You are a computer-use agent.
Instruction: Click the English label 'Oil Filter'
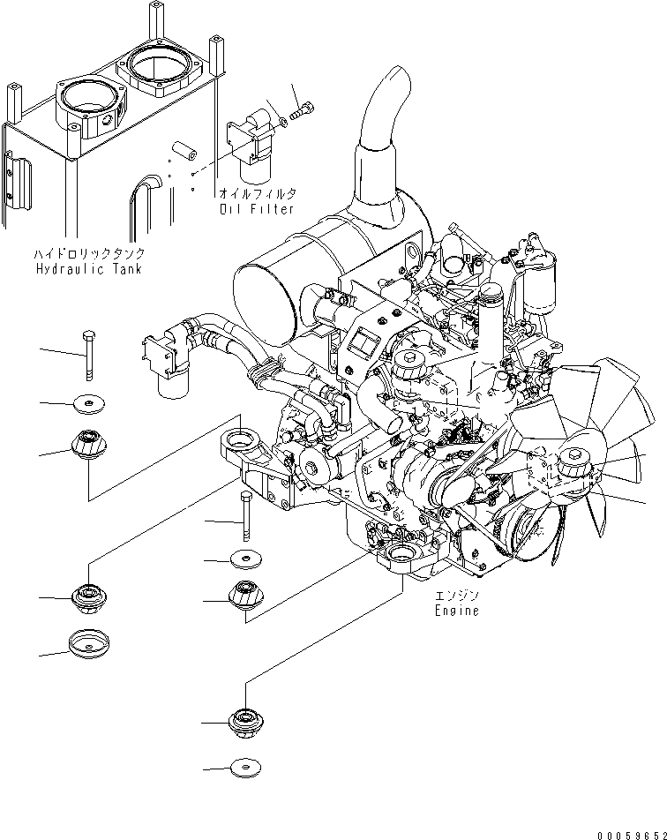coord(257,209)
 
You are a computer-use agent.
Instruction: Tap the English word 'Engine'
coord(456,610)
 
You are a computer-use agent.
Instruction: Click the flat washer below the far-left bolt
coord(88,403)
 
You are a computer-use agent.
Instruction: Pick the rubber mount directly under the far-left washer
coord(88,444)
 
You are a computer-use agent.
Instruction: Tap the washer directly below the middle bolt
coord(244,559)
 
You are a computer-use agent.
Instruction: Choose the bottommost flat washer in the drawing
coord(244,769)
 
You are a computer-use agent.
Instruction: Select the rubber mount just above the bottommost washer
coord(244,721)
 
